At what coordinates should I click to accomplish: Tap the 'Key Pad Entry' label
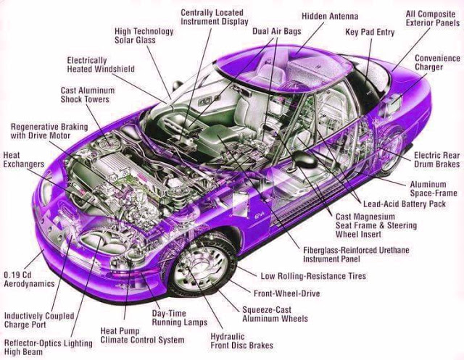coord(369,33)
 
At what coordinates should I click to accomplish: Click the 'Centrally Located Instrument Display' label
coord(212,18)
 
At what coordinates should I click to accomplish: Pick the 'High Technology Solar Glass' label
coord(144,37)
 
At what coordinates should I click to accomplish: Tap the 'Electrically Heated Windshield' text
coord(99,64)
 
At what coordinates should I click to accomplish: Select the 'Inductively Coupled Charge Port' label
coord(39,321)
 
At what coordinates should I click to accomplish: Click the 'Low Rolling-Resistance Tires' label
coord(313,276)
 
